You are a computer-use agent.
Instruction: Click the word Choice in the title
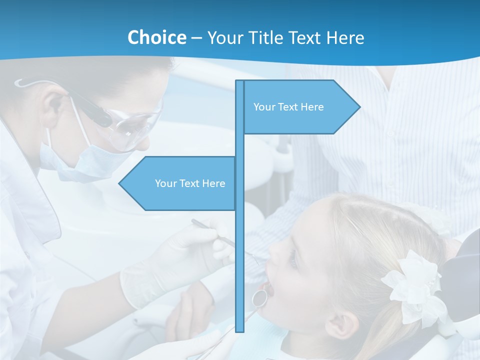[156, 37]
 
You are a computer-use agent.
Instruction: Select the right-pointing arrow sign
[300, 107]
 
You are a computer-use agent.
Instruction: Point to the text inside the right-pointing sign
[288, 107]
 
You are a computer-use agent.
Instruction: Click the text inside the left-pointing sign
[190, 183]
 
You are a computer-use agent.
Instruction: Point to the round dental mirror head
[259, 297]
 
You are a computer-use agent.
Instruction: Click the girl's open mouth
[268, 287]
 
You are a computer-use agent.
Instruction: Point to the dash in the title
[196, 38]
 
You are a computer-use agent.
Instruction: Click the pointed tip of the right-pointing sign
[358, 106]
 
